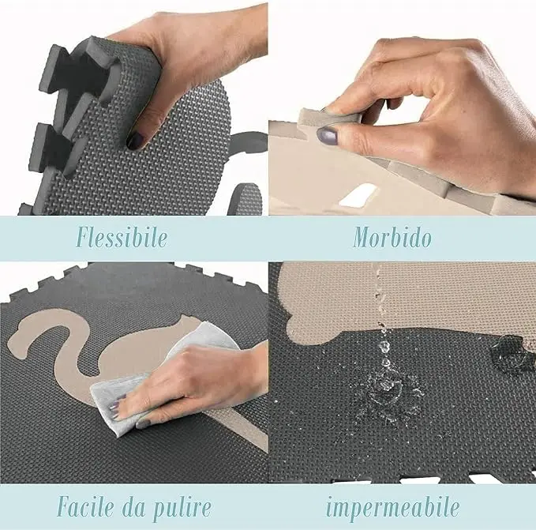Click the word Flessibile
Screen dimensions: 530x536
tap(122, 237)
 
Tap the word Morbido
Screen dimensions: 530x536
tap(392, 237)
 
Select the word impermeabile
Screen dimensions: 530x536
tap(392, 506)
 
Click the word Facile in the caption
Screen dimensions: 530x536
tap(84, 506)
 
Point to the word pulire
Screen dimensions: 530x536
tap(180, 507)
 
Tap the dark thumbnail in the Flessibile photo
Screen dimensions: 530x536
tap(136, 140)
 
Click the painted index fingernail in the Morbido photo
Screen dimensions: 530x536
tap(327, 134)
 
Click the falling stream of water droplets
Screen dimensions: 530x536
tap(381, 316)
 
